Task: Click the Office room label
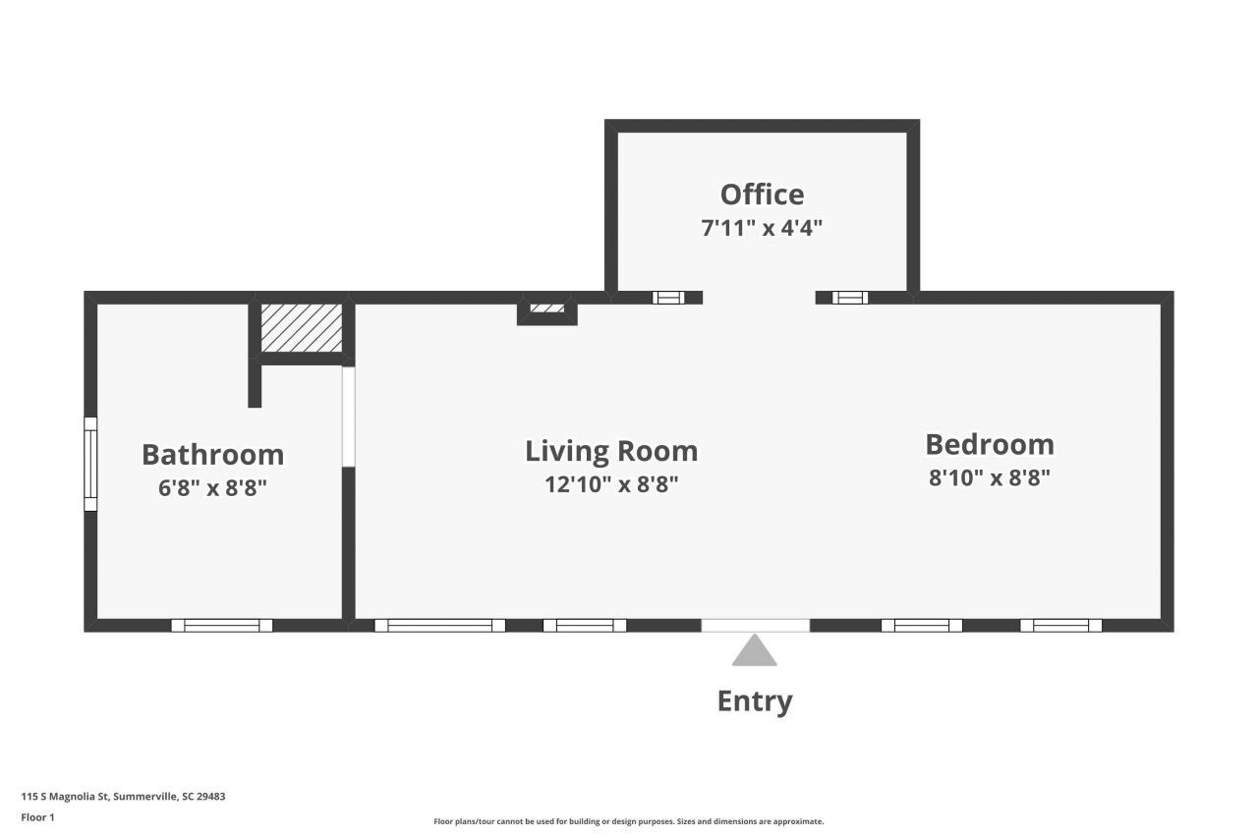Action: click(762, 195)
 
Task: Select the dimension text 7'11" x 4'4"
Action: click(762, 228)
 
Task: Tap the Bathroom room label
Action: click(212, 455)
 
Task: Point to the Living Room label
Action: click(611, 451)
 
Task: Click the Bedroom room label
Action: click(990, 444)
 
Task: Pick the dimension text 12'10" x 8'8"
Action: click(611, 484)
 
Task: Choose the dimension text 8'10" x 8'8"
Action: click(990, 478)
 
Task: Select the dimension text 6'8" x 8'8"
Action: click(212, 488)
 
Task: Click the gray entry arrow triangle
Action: click(754, 651)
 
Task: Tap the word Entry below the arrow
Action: click(754, 701)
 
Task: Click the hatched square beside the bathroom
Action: click(301, 328)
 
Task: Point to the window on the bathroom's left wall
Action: click(90, 464)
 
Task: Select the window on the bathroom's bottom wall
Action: click(222, 625)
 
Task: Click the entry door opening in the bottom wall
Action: click(755, 625)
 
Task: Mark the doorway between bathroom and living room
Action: click(348, 417)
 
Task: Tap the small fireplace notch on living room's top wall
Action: click(547, 309)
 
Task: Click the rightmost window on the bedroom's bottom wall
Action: click(1060, 625)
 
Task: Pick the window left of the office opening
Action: click(668, 298)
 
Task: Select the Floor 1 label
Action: click(37, 817)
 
